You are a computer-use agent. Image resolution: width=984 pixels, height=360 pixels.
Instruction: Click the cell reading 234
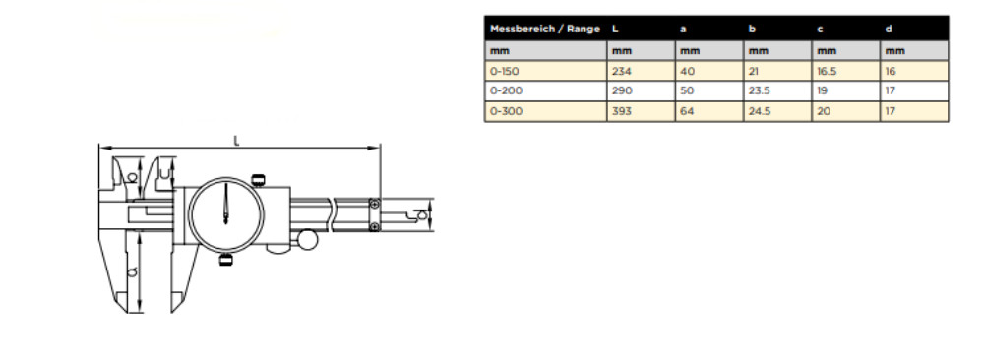click(x=622, y=72)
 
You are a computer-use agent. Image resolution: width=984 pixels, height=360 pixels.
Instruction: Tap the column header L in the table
click(x=615, y=29)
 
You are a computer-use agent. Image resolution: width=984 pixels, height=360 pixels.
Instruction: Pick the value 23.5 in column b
click(x=760, y=90)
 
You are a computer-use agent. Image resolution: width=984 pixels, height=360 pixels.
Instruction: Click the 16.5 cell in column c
click(x=828, y=72)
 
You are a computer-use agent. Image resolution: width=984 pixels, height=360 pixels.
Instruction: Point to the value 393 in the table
click(x=623, y=111)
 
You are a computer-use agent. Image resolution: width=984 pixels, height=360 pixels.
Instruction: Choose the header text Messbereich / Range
click(x=545, y=29)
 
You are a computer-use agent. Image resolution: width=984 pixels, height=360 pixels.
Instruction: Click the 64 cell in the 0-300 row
click(x=688, y=111)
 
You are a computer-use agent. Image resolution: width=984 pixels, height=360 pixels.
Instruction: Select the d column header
click(x=889, y=29)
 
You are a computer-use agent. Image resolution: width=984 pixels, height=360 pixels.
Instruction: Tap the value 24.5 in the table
click(x=760, y=111)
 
